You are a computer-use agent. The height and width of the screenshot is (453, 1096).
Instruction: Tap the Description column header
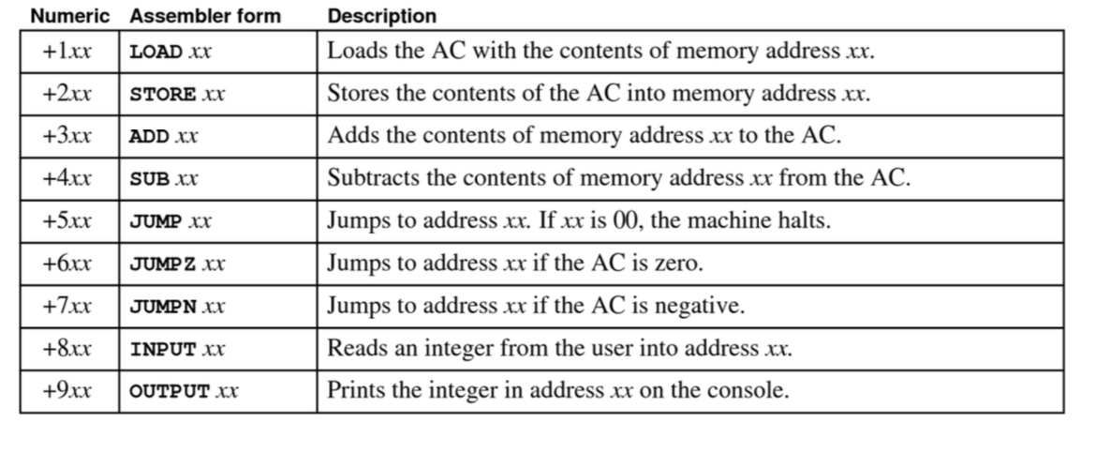[x=381, y=16]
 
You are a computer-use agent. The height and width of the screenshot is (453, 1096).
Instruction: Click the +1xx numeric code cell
[x=67, y=51]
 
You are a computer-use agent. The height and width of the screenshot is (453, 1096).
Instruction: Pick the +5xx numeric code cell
[x=67, y=222]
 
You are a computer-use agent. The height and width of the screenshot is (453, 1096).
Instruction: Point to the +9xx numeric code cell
[x=67, y=390]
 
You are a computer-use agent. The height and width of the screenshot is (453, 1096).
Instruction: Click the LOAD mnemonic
[x=156, y=52]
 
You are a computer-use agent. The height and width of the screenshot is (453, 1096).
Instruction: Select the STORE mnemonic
[x=162, y=95]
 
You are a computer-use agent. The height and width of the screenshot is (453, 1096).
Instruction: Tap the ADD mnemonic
[x=147, y=137]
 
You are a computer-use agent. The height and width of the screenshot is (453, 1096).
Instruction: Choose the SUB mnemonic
[x=147, y=180]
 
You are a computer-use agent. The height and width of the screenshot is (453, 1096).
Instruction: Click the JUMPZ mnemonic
[x=162, y=264]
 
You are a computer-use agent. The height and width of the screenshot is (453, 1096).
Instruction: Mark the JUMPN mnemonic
[x=162, y=307]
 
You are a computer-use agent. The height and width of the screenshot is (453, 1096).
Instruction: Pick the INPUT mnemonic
[x=162, y=350]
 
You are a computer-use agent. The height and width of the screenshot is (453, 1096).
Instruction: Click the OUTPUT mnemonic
[x=170, y=392]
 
